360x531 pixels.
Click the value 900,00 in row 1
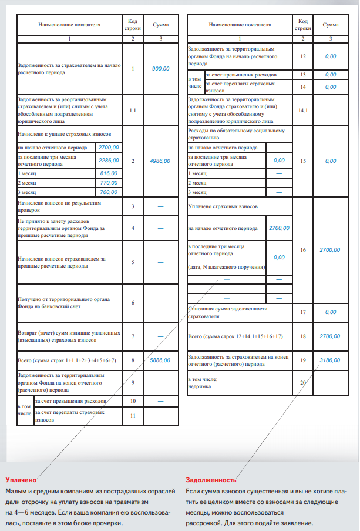pyautogui.click(x=160, y=69)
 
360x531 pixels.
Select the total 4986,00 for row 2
pyautogui.click(x=160, y=161)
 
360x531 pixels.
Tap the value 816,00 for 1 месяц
pyautogui.click(x=109, y=173)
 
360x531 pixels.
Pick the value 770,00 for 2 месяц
pyautogui.click(x=109, y=183)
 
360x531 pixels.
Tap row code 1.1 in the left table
pyautogui.click(x=133, y=110)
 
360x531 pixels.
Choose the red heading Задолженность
pyautogui.click(x=211, y=480)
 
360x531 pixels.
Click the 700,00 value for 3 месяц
pyautogui.click(x=109, y=192)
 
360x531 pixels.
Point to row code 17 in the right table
pyautogui.click(x=303, y=312)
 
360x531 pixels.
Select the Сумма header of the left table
pyautogui.click(x=160, y=25)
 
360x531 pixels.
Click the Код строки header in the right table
pyautogui.click(x=303, y=25)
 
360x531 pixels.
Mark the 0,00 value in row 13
pyautogui.click(x=331, y=75)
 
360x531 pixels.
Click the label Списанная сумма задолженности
pyautogui.click(x=227, y=309)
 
